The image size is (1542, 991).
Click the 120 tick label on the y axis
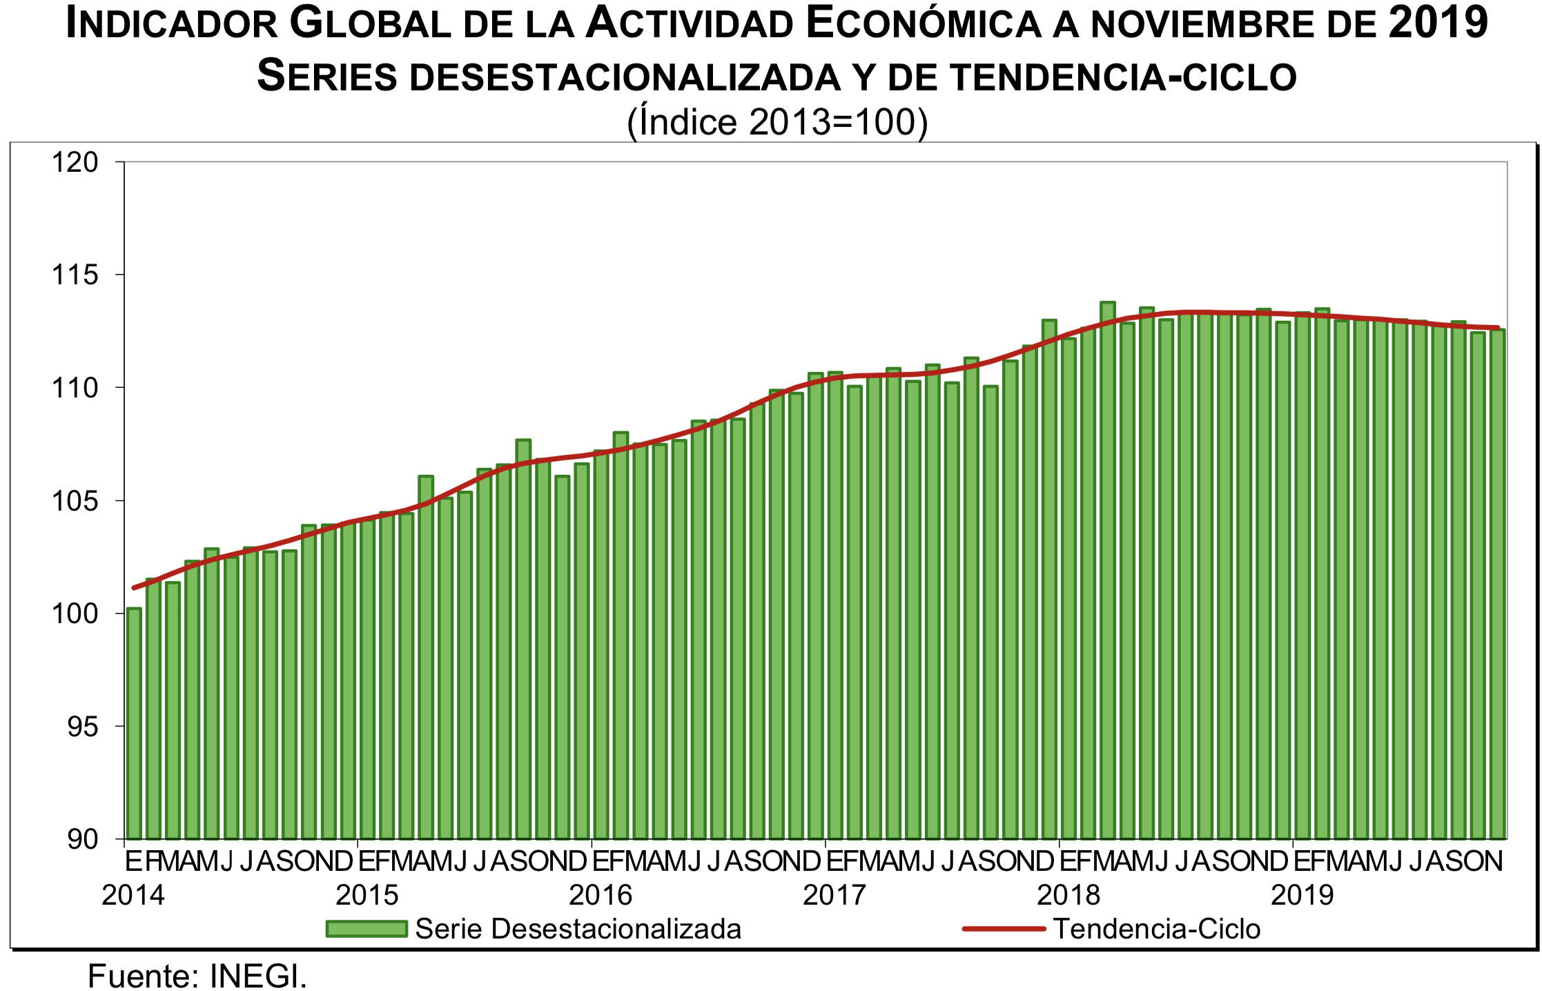(x=76, y=163)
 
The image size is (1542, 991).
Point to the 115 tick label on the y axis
(x=76, y=275)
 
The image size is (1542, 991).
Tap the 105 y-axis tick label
(x=76, y=501)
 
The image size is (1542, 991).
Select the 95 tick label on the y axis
(x=84, y=727)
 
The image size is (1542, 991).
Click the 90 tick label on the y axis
(x=84, y=839)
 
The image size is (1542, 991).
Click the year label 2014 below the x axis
(x=133, y=895)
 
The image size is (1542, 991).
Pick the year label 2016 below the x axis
(x=601, y=895)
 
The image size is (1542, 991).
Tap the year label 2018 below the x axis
(x=1068, y=895)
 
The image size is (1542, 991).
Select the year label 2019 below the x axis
(x=1302, y=895)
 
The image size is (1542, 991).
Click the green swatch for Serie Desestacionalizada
(x=367, y=929)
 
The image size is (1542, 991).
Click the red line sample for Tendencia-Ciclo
(x=1004, y=929)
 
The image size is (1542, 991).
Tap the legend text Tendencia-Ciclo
(x=1157, y=929)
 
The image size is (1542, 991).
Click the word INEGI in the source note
(x=258, y=976)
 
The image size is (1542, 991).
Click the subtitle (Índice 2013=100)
(x=777, y=122)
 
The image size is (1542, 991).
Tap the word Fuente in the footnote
(x=142, y=976)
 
